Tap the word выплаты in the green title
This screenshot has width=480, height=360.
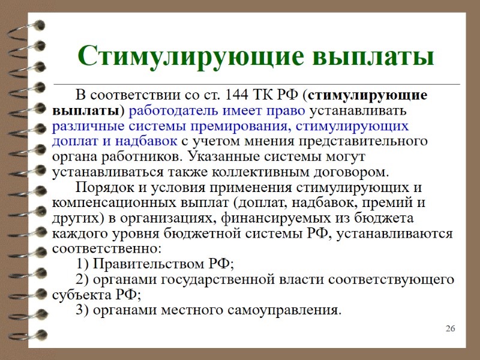tap(367, 56)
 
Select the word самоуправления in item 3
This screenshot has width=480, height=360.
tap(287, 310)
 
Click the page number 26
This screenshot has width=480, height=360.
tap(451, 329)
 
